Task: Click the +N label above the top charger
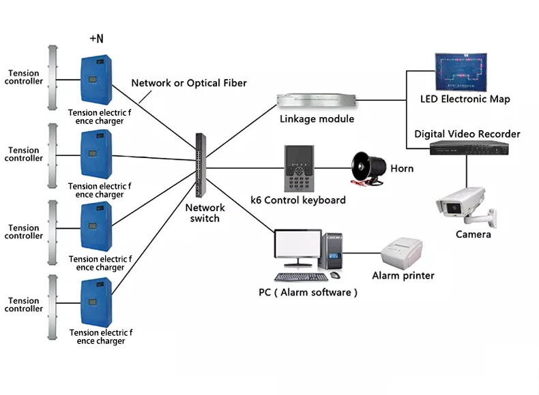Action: tap(97, 39)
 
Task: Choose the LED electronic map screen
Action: tap(464, 73)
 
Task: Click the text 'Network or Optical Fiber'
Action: tap(189, 83)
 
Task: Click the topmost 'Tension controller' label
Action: tap(25, 77)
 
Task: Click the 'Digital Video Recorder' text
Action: tap(467, 134)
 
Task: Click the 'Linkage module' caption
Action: tap(317, 119)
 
